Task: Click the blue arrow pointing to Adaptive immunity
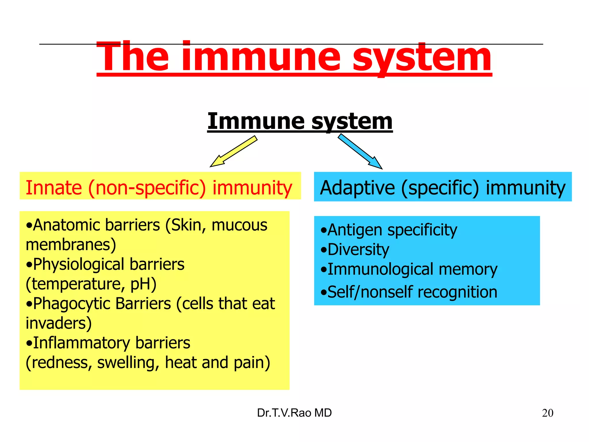pyautogui.click(x=360, y=151)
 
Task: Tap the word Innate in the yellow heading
pyautogui.click(x=54, y=188)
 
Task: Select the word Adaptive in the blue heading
pyautogui.click(x=357, y=188)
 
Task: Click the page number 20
pyautogui.click(x=547, y=413)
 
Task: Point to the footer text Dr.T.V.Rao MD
pyautogui.click(x=294, y=413)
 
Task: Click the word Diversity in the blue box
pyautogui.click(x=358, y=249)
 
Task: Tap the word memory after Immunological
pyautogui.click(x=468, y=270)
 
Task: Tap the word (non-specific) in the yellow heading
pyautogui.click(x=147, y=188)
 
